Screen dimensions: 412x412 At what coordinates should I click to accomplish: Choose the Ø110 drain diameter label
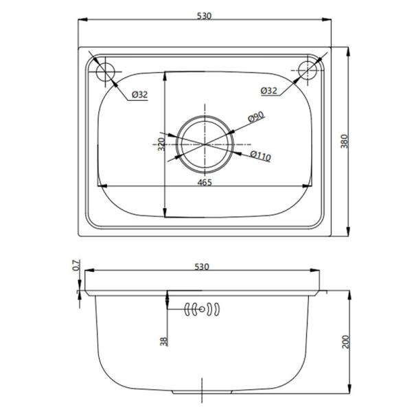[x=261, y=157]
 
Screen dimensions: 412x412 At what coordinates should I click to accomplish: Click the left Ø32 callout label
[x=139, y=95]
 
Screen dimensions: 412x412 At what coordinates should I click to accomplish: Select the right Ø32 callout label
[x=270, y=91]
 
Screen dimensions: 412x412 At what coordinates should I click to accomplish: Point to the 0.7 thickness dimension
[x=76, y=265]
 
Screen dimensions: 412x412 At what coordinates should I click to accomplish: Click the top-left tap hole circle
[x=106, y=71]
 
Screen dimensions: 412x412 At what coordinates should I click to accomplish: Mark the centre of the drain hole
[x=204, y=143]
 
